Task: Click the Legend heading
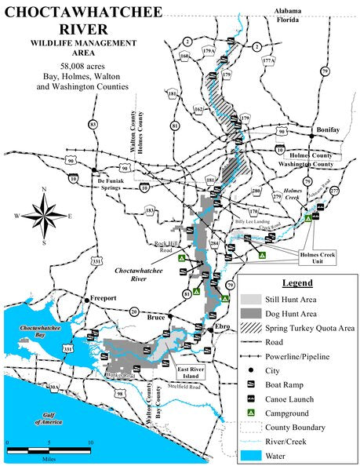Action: pyautogui.click(x=297, y=282)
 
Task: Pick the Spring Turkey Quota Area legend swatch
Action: pyautogui.click(x=253, y=327)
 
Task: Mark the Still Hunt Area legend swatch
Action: pyautogui.click(x=253, y=300)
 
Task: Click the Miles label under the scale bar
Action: pyautogui.click(x=49, y=457)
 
